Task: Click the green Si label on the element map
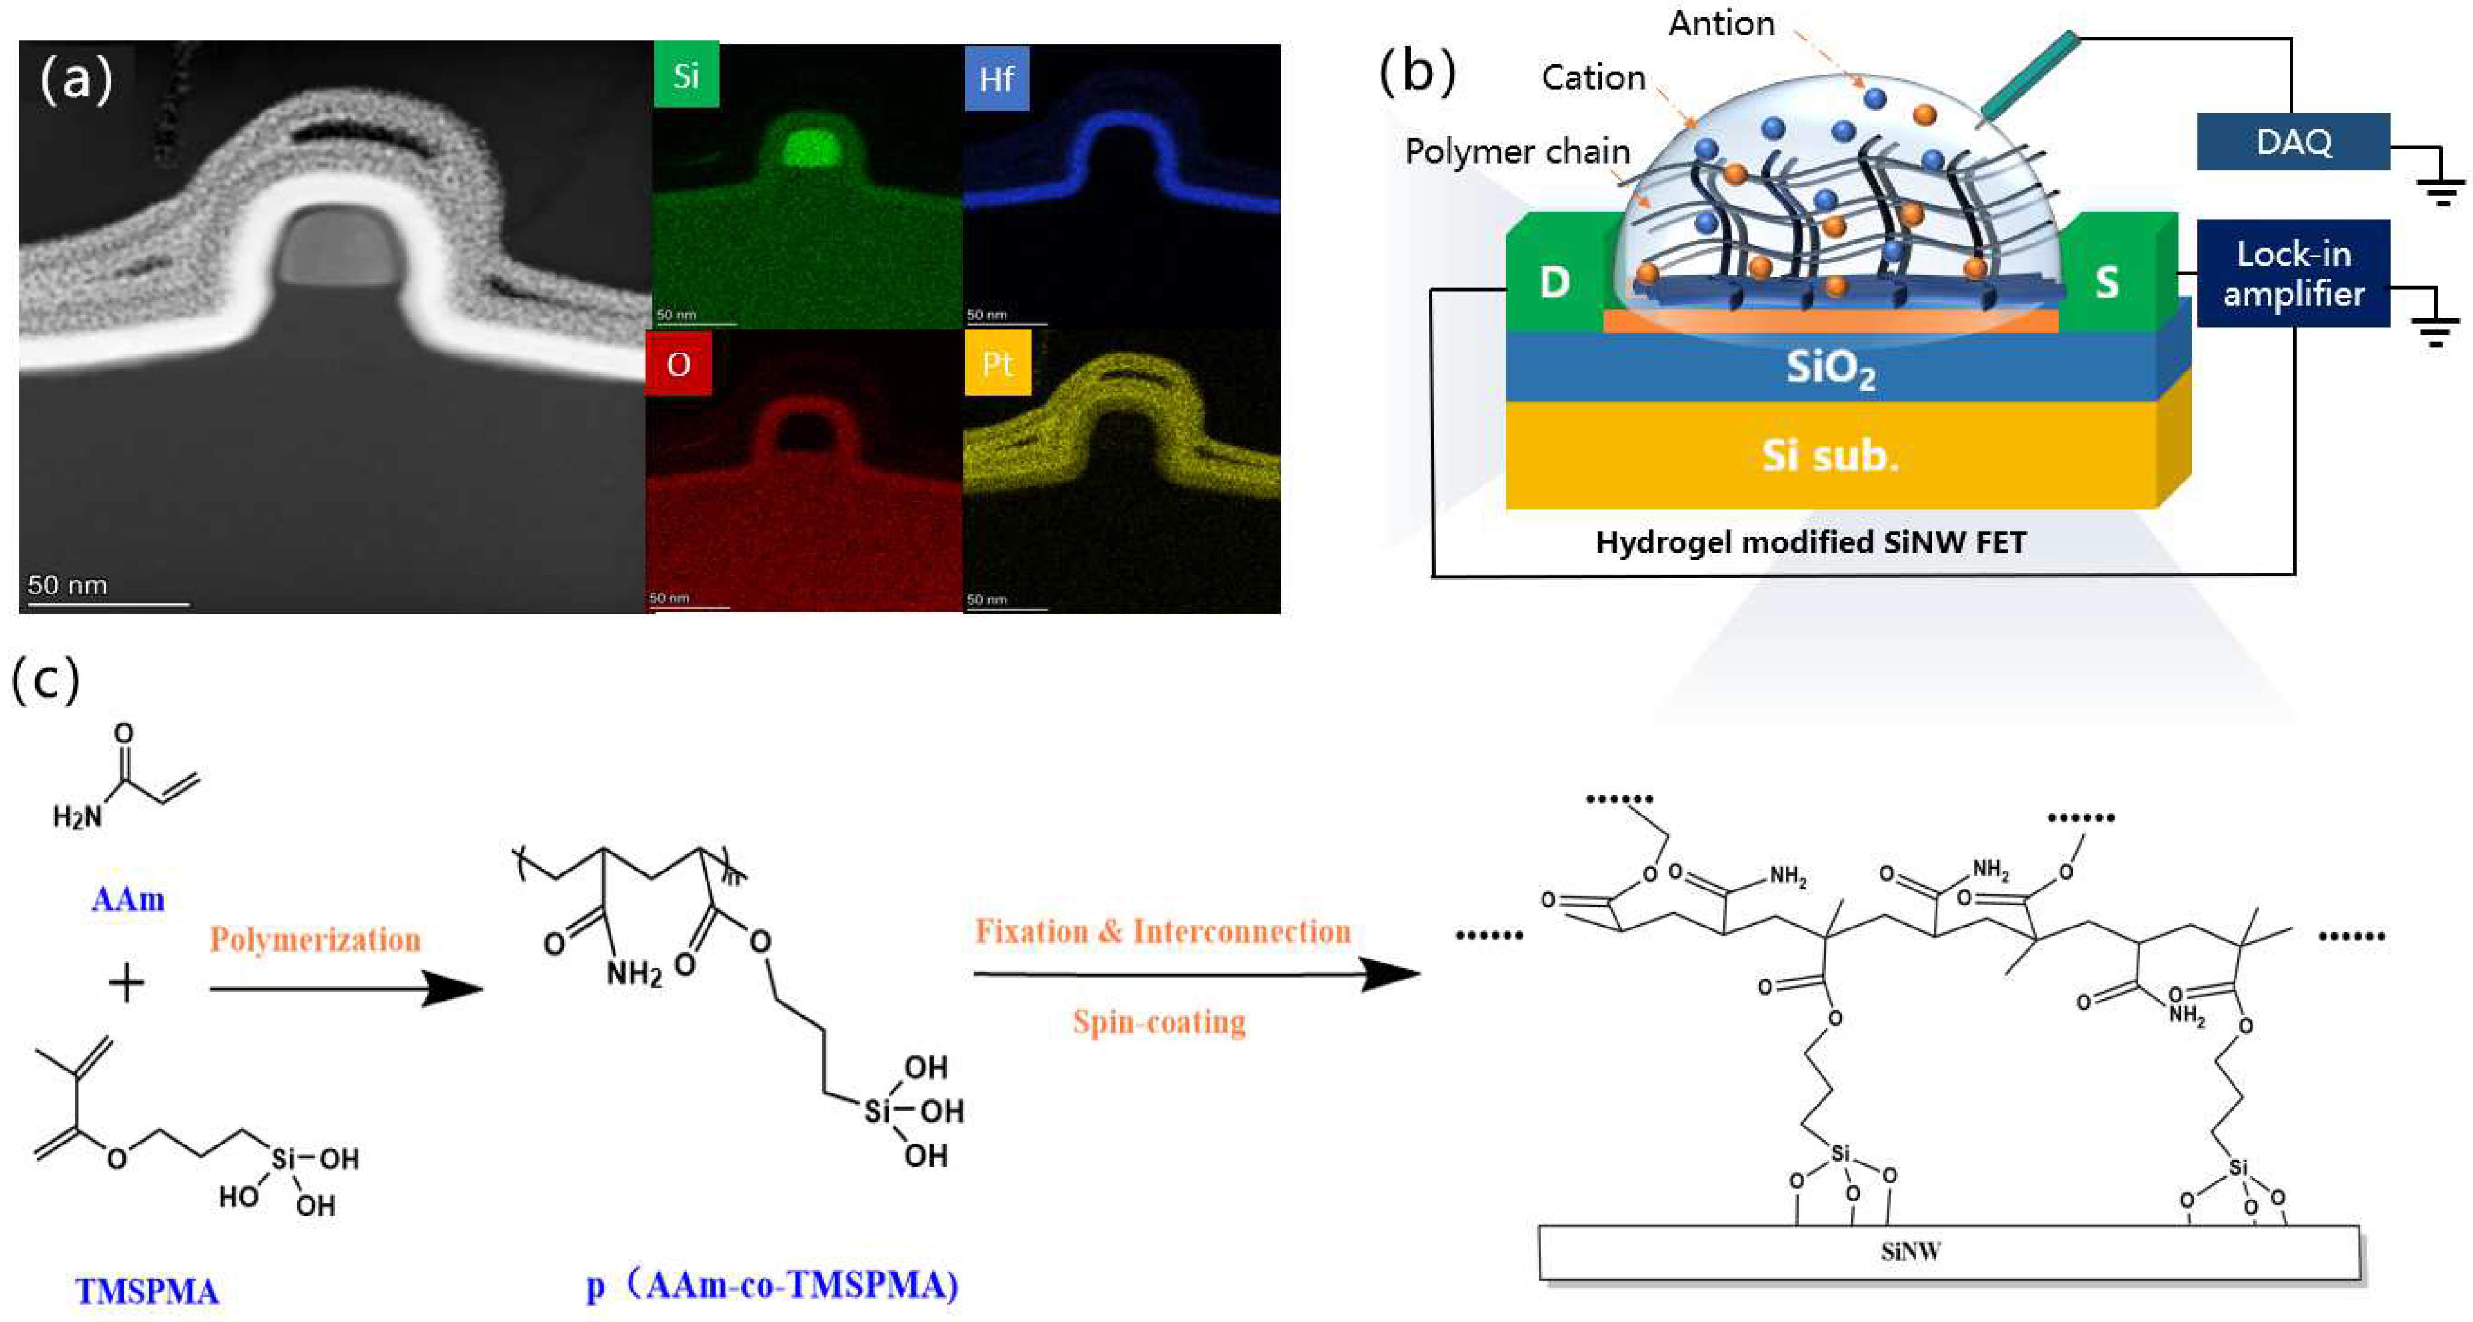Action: (685, 75)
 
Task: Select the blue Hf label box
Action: (996, 78)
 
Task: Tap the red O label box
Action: (679, 364)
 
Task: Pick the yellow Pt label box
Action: (998, 364)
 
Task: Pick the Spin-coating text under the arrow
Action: (1159, 1022)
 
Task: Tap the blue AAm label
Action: (128, 900)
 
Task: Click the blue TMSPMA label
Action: (147, 1292)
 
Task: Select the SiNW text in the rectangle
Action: (1911, 1252)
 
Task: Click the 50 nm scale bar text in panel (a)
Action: (67, 585)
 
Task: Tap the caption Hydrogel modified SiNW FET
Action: (1811, 542)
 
